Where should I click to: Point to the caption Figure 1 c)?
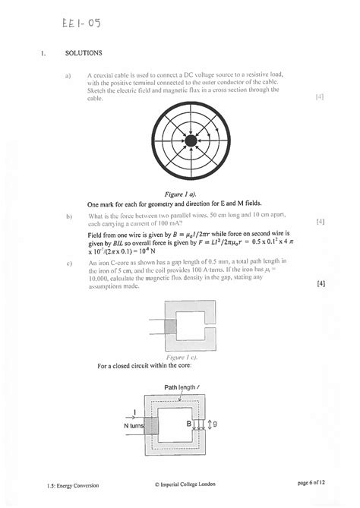(x=191, y=355)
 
